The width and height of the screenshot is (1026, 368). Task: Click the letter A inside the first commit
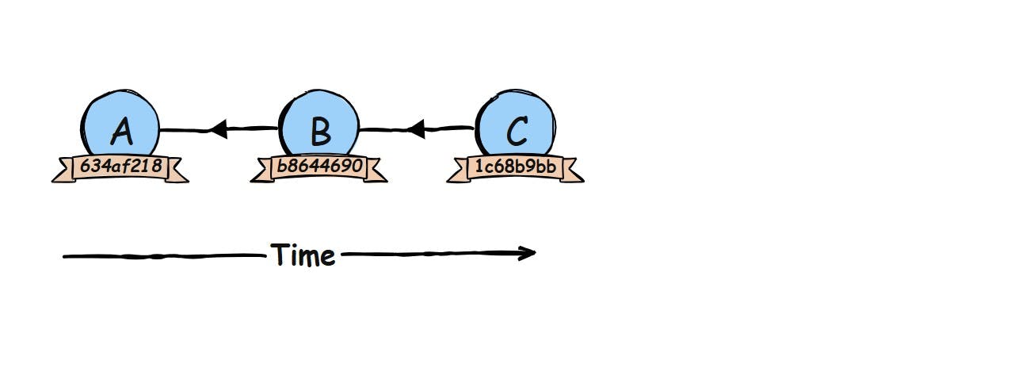[120, 132]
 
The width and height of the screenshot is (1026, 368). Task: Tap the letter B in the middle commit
[319, 132]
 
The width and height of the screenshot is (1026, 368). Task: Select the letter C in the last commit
[516, 132]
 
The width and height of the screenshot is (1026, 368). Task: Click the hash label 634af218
[120, 167]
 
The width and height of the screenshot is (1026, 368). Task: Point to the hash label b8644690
[319, 167]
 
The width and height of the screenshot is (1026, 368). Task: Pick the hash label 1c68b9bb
[516, 167]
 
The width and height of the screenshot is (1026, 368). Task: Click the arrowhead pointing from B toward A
[218, 128]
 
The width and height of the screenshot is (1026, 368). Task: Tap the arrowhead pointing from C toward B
[416, 128]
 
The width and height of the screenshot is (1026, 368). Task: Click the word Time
[303, 255]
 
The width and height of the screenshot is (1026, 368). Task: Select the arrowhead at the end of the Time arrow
[528, 254]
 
